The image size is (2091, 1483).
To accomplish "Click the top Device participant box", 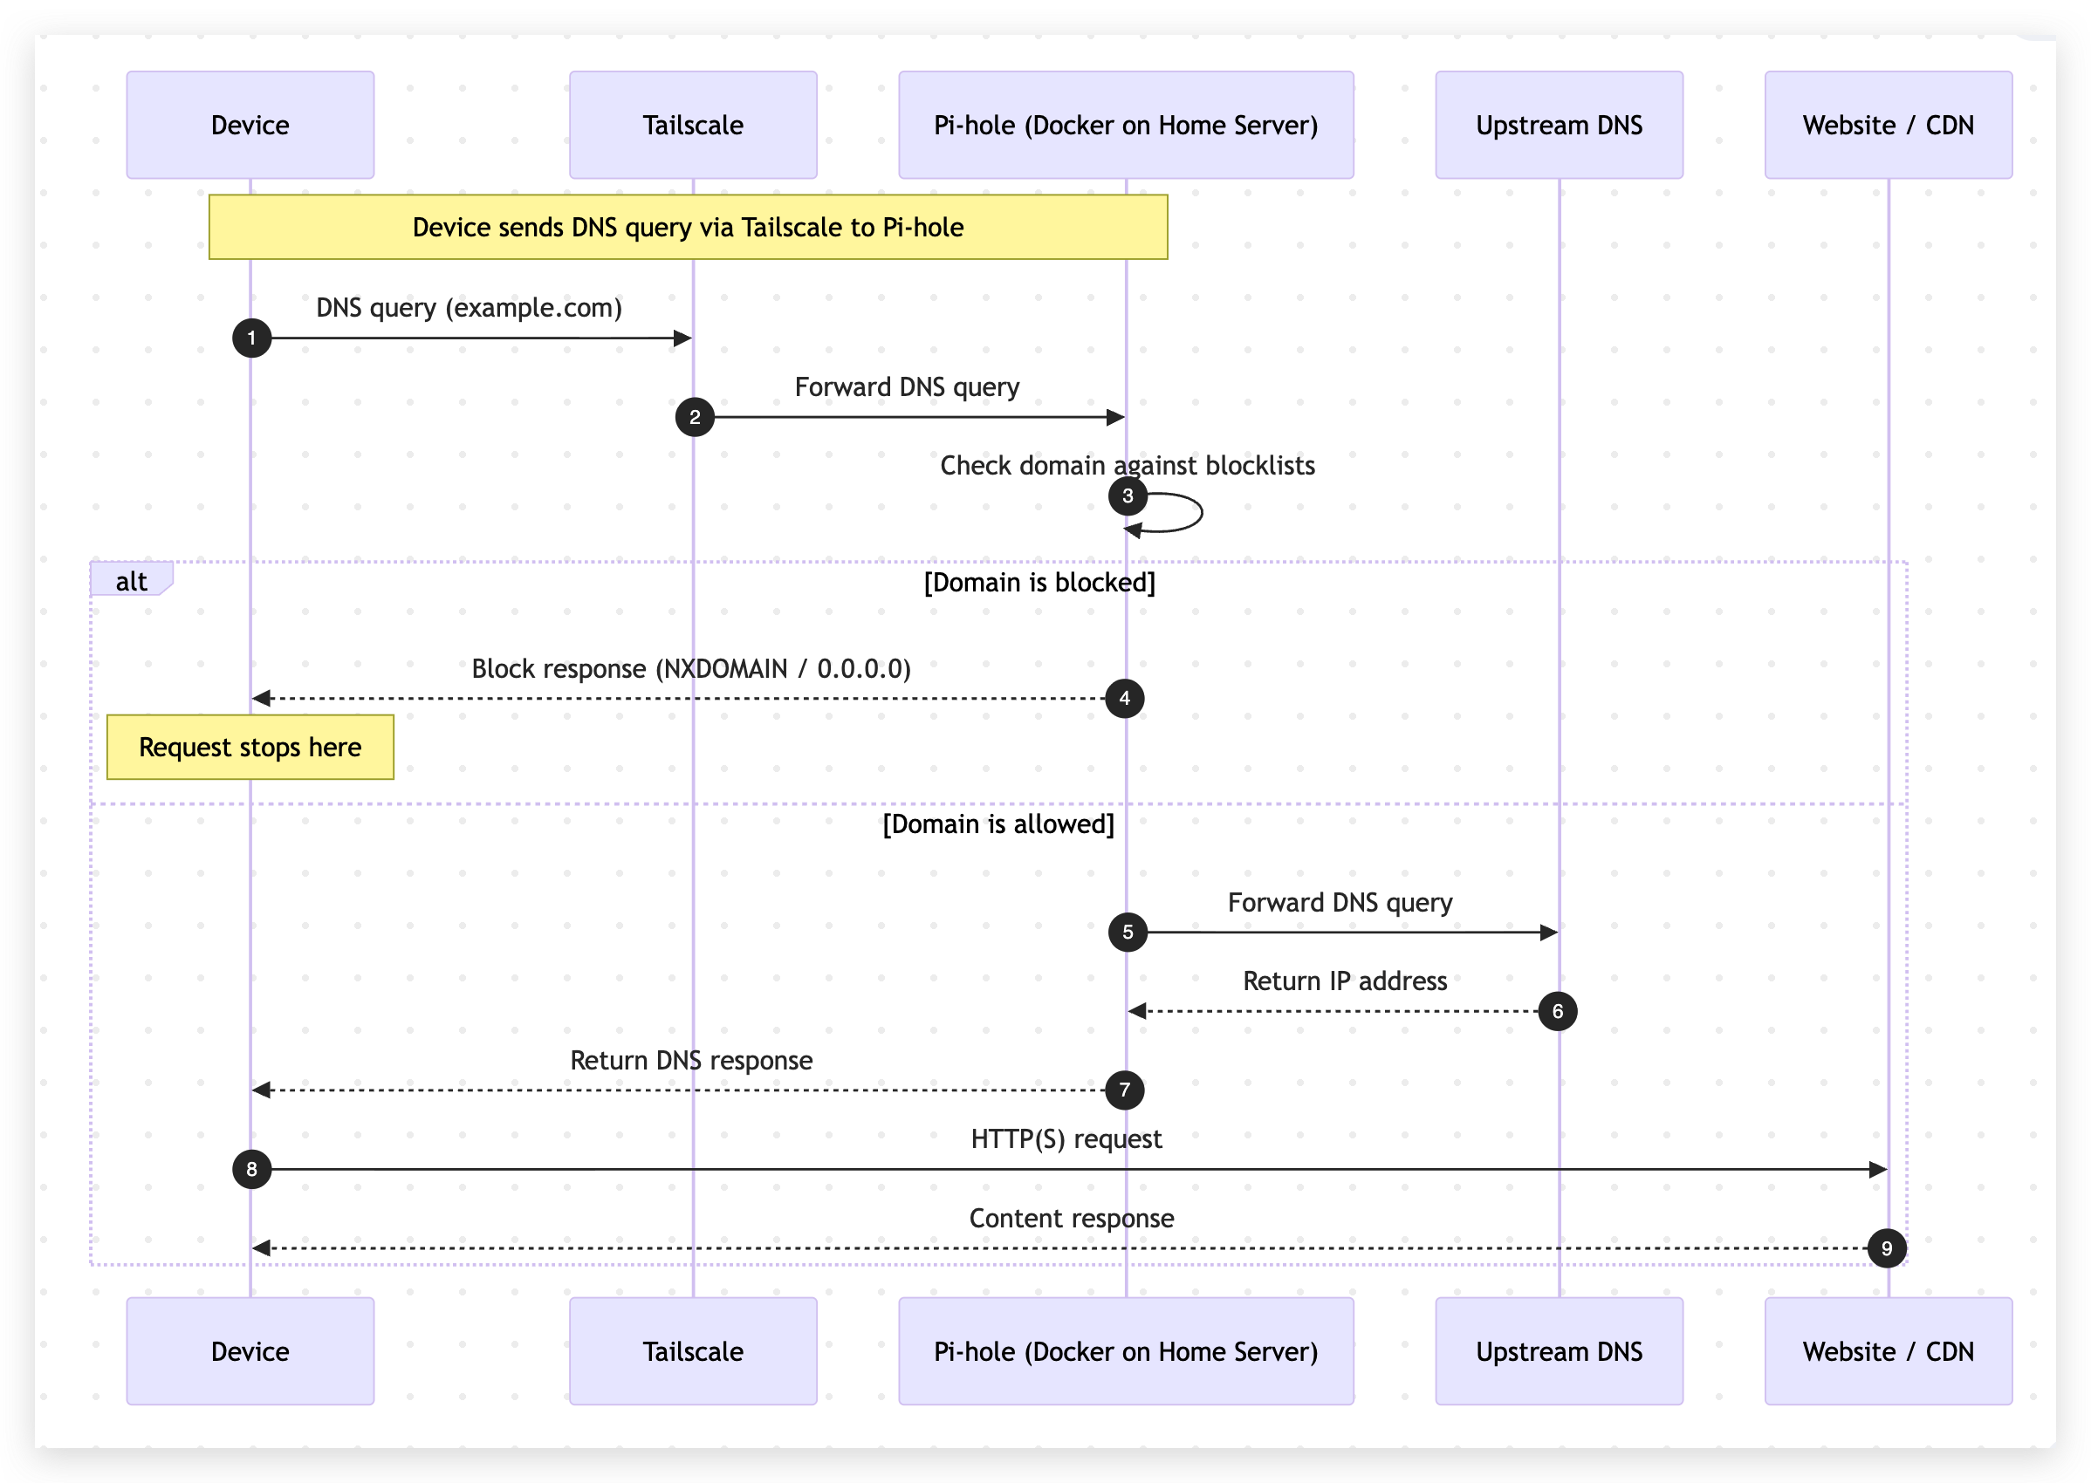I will (250, 125).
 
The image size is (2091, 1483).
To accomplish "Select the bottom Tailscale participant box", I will (692, 1350).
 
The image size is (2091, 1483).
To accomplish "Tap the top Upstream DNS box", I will (1559, 125).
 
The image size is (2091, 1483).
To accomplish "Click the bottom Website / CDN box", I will (1888, 1350).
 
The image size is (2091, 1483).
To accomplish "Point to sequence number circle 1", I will (251, 338).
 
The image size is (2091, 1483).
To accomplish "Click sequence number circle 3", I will (1128, 495).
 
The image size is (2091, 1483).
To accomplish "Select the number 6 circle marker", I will (1557, 1011).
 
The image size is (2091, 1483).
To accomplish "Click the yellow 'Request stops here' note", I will (250, 747).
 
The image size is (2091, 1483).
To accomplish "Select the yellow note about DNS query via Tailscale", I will (687, 228).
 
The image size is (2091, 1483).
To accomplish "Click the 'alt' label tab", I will (131, 581).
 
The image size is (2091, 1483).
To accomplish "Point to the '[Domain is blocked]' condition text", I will (1039, 583).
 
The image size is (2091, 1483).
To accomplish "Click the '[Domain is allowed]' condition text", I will (998, 824).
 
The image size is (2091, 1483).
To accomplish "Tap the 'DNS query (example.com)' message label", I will (469, 308).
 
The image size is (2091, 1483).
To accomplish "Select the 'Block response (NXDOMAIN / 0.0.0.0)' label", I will (690, 668).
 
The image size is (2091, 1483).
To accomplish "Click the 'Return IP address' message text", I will (1345, 981).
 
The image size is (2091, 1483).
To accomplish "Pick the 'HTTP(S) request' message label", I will (1066, 1138).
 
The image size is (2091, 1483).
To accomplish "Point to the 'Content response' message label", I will (1071, 1218).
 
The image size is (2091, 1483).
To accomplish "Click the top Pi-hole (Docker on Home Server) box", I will (1126, 125).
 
